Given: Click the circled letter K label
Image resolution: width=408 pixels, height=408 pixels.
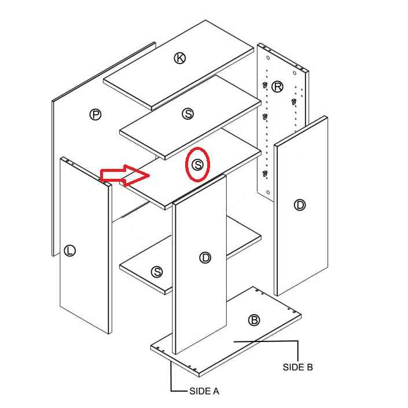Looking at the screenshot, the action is (x=179, y=58).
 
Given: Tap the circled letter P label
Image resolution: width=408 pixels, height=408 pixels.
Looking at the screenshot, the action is (x=95, y=115).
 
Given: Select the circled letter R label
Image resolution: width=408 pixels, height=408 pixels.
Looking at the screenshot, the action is (x=277, y=87).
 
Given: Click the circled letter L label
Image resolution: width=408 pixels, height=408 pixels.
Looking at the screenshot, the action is (x=69, y=251).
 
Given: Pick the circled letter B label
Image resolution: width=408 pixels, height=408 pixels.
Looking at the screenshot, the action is (x=254, y=320).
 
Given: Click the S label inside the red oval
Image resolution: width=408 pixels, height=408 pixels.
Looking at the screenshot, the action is (x=197, y=165).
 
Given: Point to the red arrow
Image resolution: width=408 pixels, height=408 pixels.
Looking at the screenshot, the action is (x=124, y=175).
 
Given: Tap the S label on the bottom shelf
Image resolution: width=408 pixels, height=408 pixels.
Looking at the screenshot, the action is (x=157, y=272).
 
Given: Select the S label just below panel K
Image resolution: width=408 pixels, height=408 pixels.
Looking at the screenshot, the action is (x=188, y=113).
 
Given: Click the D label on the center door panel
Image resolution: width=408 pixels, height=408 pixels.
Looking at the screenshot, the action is (x=205, y=258).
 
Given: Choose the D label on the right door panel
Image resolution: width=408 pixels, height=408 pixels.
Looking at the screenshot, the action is (x=300, y=205).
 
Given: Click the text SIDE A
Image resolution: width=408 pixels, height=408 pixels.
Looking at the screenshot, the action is (x=204, y=391).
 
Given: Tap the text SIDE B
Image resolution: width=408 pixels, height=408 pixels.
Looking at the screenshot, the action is (x=297, y=367).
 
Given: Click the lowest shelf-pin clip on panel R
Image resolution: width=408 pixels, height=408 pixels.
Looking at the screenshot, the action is (x=265, y=173).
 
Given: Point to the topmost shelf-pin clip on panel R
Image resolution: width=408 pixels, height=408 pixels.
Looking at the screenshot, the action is (x=265, y=85).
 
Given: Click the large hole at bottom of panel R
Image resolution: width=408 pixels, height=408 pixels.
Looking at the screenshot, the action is (x=269, y=192).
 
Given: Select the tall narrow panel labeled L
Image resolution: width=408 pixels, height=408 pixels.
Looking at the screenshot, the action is (x=86, y=245).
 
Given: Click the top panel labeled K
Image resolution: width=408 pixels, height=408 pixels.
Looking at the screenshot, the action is (x=178, y=65).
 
